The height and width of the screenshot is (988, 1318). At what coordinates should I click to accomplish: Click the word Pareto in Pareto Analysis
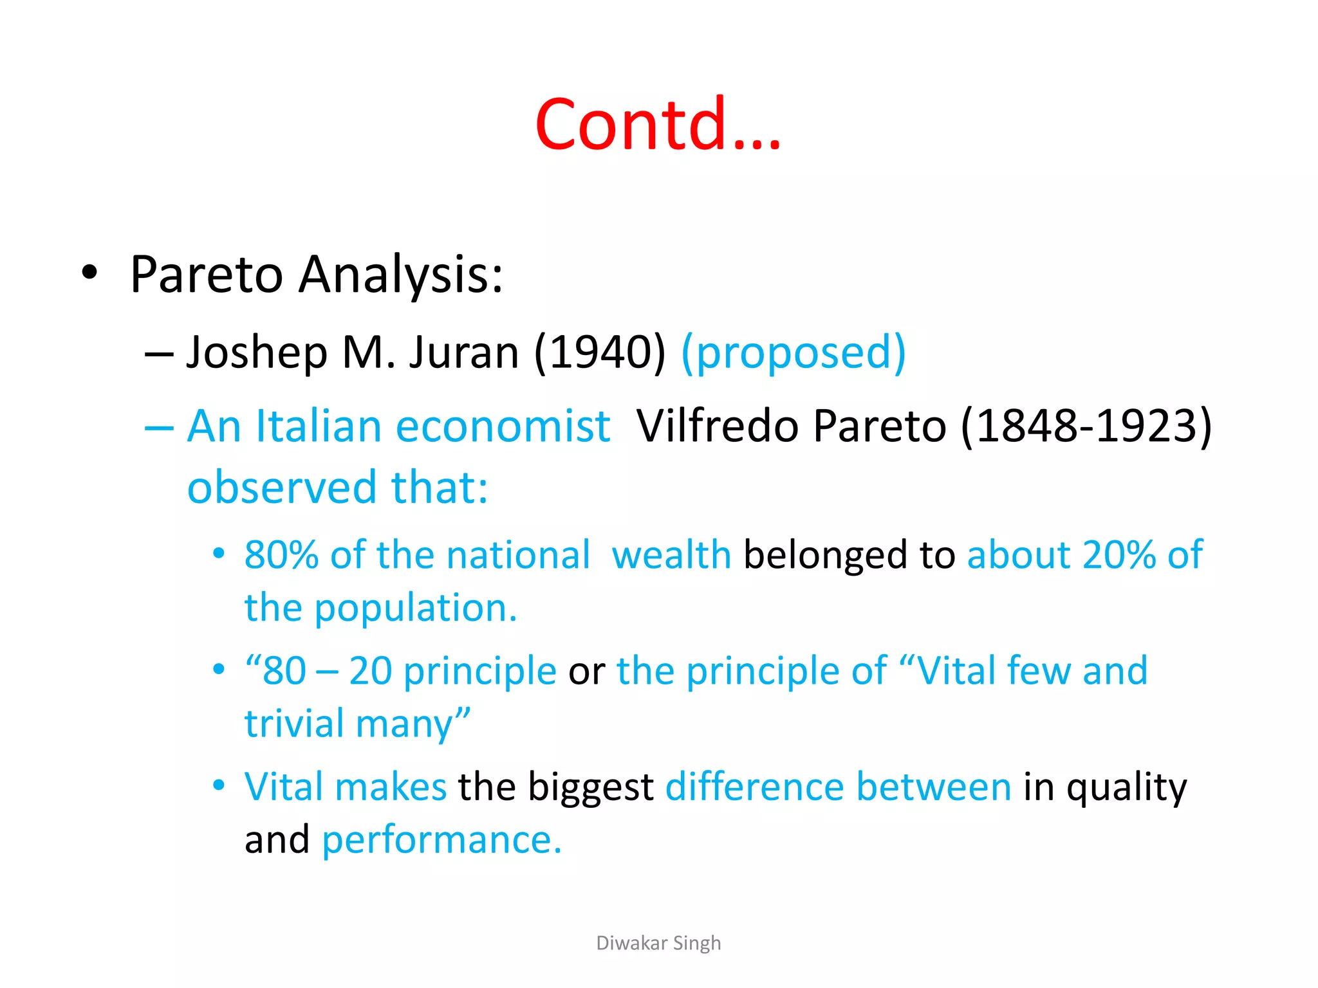206,275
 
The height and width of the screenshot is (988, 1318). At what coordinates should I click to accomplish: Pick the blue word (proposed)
794,353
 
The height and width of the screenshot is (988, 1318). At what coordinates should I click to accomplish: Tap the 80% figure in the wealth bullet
281,554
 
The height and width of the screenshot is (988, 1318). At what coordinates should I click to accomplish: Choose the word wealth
671,554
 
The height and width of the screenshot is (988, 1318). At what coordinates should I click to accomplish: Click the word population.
414,608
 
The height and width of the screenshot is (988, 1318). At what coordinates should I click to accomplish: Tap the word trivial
295,724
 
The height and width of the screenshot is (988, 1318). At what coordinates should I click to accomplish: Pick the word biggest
590,787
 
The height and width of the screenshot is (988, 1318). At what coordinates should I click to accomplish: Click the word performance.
441,840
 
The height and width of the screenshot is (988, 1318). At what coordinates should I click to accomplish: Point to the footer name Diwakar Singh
658,943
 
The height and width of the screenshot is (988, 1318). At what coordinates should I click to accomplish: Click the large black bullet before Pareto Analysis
90,273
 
